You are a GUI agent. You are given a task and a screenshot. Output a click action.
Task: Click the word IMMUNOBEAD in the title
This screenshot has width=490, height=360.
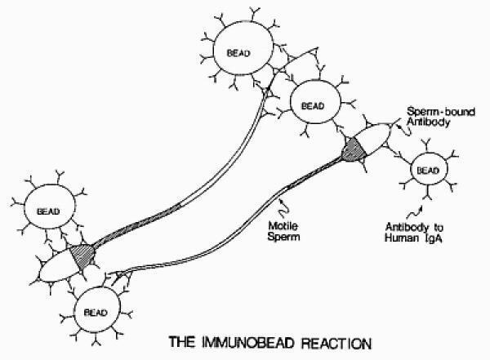pos(248,343)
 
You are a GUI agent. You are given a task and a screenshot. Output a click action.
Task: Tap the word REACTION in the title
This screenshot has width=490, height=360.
pos(336,343)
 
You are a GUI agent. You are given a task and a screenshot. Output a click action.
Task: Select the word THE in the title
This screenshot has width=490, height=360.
pos(182,343)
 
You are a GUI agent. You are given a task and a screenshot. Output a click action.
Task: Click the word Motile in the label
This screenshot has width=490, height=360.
pos(283,225)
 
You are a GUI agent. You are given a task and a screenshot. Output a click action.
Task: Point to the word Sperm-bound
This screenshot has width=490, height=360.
pos(441,112)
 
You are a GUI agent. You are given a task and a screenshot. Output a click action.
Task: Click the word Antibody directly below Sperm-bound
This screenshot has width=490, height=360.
pos(428,122)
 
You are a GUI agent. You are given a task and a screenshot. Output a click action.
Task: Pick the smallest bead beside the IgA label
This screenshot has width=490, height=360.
pos(429,170)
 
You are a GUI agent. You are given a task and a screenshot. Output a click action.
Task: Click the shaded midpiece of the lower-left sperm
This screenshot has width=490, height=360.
pos(82,256)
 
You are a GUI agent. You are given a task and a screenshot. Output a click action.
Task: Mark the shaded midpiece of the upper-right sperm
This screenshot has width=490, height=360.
pos(353,149)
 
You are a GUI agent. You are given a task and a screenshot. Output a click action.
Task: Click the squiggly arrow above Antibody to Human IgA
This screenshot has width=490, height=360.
pos(415,212)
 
